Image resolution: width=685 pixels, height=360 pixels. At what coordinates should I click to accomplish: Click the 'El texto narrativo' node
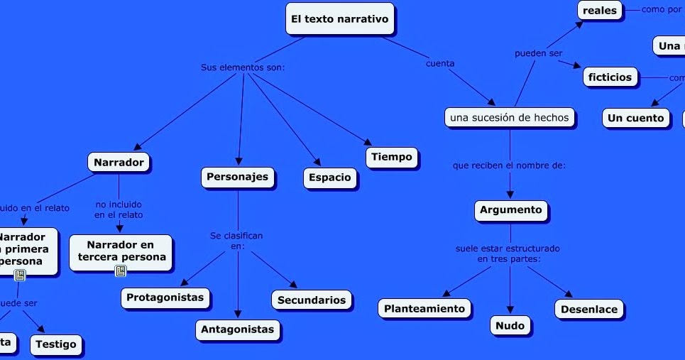340,19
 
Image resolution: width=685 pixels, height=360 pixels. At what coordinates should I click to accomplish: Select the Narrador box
119,163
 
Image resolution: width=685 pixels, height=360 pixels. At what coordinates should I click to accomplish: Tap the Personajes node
238,177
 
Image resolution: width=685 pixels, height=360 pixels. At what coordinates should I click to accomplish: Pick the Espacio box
330,178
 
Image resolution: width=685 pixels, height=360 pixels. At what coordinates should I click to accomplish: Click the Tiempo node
392,157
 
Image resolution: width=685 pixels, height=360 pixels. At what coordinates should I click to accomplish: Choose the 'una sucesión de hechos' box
510,118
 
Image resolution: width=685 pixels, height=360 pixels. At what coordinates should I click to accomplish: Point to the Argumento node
510,210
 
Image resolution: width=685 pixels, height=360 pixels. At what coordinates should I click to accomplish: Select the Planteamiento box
424,308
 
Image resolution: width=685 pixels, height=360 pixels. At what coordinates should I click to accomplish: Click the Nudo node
510,326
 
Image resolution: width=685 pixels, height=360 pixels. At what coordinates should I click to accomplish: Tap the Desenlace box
588,309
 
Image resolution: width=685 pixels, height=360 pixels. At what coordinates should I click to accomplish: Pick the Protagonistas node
165,298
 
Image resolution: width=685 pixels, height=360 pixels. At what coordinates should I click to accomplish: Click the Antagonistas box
237,329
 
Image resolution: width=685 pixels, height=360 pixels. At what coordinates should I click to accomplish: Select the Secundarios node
312,300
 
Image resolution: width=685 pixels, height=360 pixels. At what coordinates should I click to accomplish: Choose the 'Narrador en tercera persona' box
121,251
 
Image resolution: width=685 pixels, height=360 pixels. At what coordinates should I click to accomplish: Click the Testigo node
56,344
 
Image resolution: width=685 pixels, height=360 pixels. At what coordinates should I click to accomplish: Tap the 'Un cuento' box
635,118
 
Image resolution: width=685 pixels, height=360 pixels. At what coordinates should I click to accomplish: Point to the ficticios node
610,77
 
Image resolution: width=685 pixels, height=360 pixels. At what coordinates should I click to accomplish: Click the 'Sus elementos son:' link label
243,67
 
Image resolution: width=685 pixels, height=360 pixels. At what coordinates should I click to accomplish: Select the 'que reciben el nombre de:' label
509,165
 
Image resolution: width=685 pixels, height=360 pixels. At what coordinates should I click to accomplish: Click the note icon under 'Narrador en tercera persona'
121,271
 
